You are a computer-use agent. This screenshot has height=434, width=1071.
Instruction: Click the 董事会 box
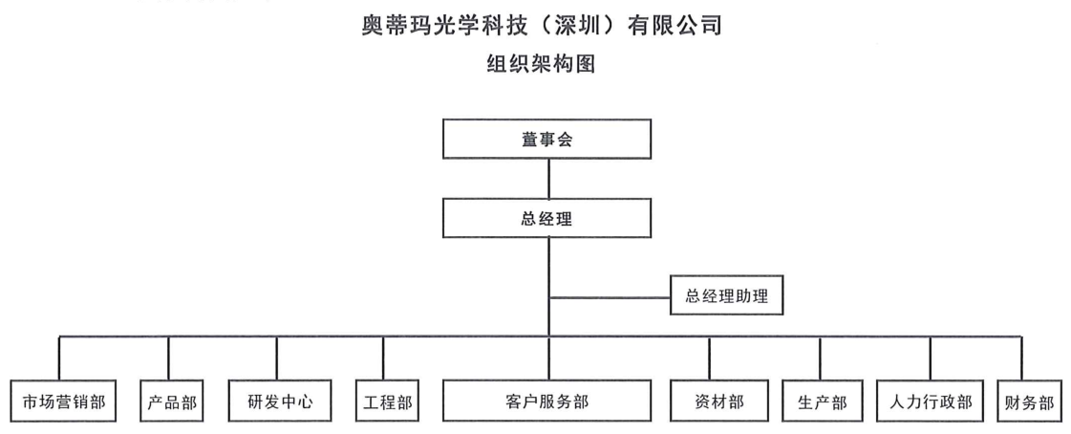[x=546, y=140]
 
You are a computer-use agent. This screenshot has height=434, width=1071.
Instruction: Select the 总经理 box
[x=546, y=219]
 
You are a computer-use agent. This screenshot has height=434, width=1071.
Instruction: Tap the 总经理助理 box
[x=727, y=295]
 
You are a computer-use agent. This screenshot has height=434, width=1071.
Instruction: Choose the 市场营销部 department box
[x=64, y=401]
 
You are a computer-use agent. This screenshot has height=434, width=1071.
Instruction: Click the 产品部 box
[x=172, y=401]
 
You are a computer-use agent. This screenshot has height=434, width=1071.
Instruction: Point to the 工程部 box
[x=385, y=401]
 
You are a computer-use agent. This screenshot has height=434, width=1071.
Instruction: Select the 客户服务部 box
[x=546, y=401]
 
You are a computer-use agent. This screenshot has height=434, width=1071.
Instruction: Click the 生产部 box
[x=822, y=401]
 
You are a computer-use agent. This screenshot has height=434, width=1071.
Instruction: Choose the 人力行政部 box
[x=931, y=401]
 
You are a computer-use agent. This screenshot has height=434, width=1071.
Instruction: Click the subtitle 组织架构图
[x=541, y=63]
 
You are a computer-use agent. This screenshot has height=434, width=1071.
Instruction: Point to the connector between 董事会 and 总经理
[x=548, y=179]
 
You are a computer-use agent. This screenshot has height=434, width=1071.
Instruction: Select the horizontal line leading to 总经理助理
[x=610, y=297]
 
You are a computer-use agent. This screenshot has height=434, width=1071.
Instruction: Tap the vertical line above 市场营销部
[x=59, y=358]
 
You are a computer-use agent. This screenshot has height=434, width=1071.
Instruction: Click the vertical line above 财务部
[x=1022, y=358]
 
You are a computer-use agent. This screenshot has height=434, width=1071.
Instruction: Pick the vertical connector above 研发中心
[x=277, y=358]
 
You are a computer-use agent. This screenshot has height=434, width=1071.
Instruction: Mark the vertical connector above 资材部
[x=710, y=358]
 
